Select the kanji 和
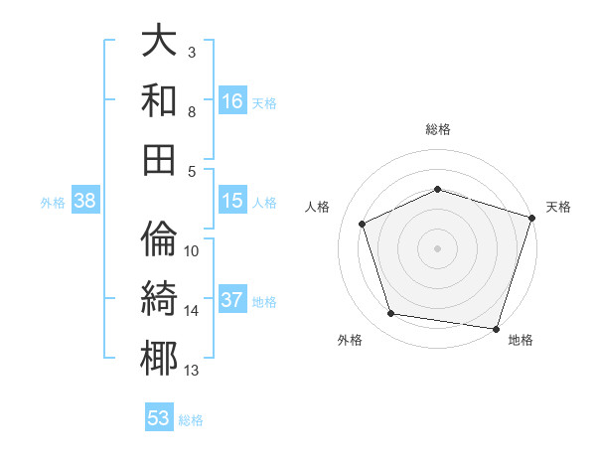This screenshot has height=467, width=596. coord(159,100)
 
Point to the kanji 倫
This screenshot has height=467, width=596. coord(159,239)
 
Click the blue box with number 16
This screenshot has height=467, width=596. coord(232,101)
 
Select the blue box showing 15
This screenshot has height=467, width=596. coord(232,201)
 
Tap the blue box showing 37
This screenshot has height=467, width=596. coord(232,301)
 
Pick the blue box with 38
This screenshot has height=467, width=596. coord(85,202)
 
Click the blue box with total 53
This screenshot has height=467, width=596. coord(159,418)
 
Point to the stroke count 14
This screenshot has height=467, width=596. coord(192,311)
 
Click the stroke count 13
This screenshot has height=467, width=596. coord(192,371)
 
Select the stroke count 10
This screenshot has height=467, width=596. coord(192,250)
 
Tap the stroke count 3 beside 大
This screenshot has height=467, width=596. coord(192,52)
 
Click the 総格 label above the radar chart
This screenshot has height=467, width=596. coord(438,129)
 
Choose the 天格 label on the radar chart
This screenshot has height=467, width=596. coord(559,207)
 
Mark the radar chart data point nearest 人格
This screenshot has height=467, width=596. coord(363,225)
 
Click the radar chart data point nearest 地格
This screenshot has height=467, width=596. coord(495,328)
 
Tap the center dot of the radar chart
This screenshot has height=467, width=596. coord(438,248)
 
